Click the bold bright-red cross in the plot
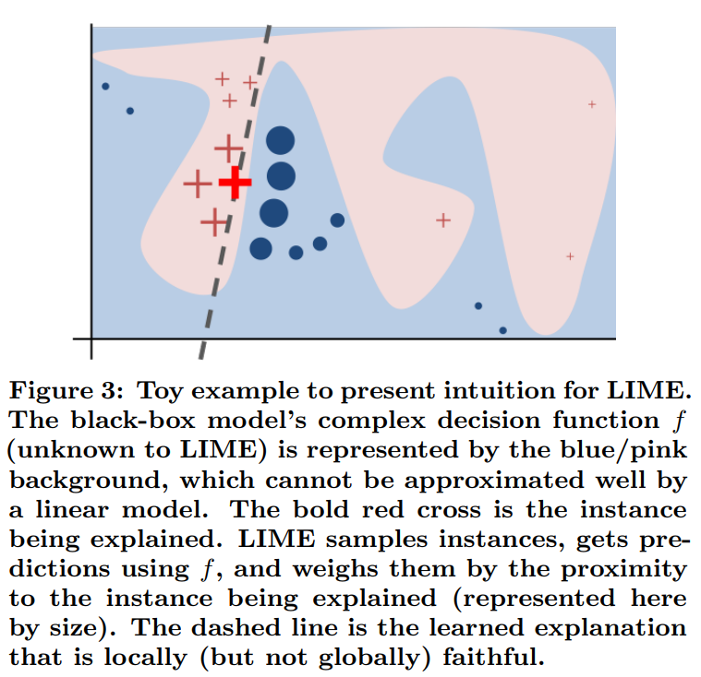[236, 183]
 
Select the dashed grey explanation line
[235, 192]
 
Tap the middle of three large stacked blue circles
[281, 176]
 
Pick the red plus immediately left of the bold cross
[198, 184]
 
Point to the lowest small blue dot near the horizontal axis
[503, 330]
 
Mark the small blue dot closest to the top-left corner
[105, 86]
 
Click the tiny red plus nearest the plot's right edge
[592, 104]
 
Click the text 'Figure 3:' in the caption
[66, 391]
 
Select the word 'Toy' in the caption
[160, 392]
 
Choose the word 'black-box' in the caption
[133, 421]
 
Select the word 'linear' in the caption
[72, 509]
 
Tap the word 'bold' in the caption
[320, 509]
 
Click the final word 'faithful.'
[494, 657]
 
